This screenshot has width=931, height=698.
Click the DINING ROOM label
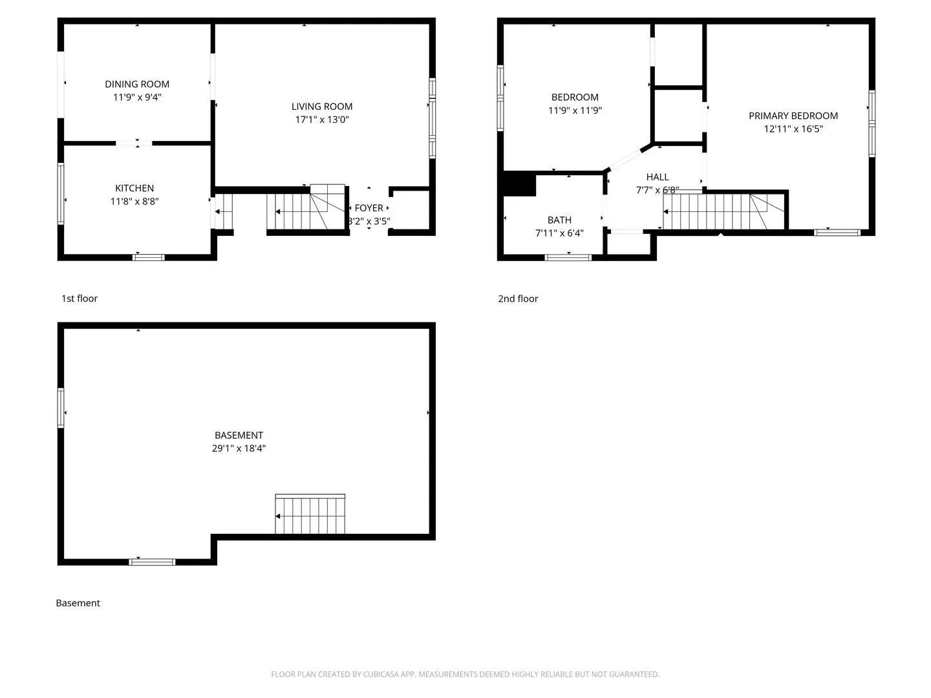[x=137, y=84]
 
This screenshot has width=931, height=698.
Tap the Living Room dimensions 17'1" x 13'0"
[x=322, y=120]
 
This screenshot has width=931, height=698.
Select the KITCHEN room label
[x=134, y=188]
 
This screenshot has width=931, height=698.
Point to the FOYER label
[x=369, y=208]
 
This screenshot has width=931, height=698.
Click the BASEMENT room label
[x=239, y=435]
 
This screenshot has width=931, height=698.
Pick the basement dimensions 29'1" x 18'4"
[x=239, y=449]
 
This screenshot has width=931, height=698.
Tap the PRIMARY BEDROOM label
[x=793, y=116]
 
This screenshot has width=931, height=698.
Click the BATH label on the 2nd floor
[x=559, y=220]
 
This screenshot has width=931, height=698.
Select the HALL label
[x=658, y=177]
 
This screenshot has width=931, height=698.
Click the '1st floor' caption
[x=80, y=299]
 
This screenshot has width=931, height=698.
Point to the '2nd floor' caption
[x=518, y=299]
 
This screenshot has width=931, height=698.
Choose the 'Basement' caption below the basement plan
[x=78, y=603]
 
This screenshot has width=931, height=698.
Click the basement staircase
[x=310, y=514]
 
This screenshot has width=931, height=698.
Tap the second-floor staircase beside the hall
[x=723, y=211]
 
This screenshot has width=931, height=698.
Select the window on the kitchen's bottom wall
[x=149, y=257]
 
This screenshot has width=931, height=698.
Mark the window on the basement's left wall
[x=61, y=408]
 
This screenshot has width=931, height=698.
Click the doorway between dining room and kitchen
[x=134, y=143]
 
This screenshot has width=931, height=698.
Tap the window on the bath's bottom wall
[x=568, y=257]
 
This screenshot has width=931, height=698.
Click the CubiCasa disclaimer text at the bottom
[x=465, y=674]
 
